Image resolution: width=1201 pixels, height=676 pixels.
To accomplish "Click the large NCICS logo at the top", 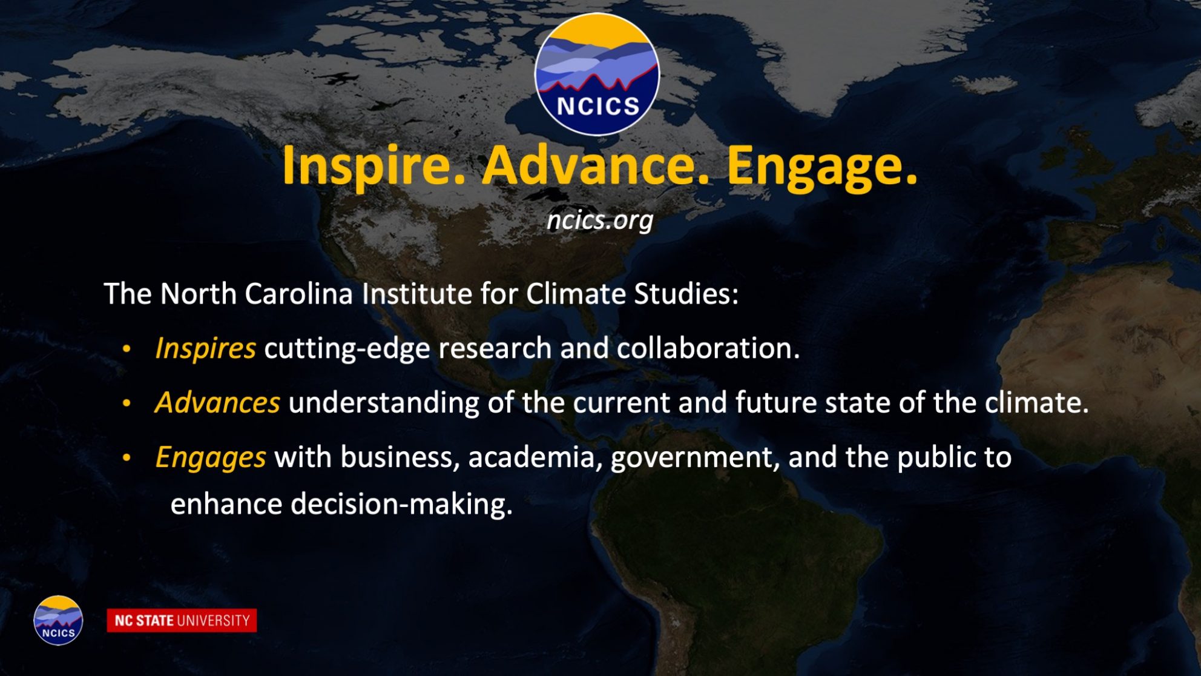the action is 597,74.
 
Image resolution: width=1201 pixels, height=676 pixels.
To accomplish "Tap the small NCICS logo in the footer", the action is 58,620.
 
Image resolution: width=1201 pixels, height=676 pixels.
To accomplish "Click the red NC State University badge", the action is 182,620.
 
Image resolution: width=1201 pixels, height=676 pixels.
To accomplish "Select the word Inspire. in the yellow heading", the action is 373,166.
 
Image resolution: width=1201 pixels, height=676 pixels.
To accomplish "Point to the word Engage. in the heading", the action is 822,166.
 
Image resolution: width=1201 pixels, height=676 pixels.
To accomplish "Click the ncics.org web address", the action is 600,220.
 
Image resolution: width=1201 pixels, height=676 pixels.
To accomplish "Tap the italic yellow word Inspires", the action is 205,349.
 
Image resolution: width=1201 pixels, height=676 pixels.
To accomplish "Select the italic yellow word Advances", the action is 217,402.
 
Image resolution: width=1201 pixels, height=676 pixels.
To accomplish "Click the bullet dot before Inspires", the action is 127,349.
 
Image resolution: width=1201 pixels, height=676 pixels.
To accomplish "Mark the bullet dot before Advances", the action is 127,403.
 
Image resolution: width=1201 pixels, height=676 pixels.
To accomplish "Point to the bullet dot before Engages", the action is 127,458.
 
